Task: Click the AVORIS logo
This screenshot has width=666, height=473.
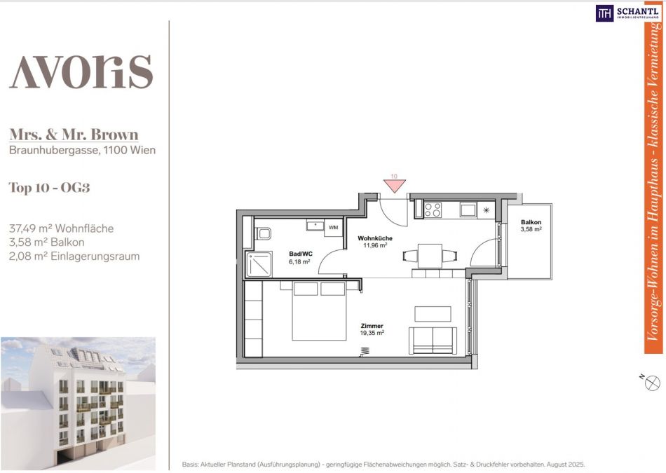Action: [81, 71]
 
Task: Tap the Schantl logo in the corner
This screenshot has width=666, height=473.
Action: [627, 13]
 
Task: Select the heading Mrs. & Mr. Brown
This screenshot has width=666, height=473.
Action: [74, 135]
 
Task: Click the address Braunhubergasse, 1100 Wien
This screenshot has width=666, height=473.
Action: [83, 150]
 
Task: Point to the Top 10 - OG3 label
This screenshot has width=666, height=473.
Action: [49, 187]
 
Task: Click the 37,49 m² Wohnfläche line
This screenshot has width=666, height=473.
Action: [61, 228]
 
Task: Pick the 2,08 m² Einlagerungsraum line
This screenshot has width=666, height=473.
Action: [74, 256]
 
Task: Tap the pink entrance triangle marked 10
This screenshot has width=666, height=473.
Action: [395, 185]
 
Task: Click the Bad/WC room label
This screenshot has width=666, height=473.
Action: [300, 254]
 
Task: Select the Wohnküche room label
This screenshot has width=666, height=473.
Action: [375, 238]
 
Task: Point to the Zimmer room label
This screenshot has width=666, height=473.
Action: [372, 326]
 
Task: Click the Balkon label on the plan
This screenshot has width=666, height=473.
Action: [531, 222]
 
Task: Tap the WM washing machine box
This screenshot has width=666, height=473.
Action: [334, 228]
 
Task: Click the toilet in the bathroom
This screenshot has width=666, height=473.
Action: [263, 233]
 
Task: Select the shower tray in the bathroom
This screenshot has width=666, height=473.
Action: [259, 264]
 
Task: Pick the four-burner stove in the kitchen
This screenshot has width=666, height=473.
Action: [433, 210]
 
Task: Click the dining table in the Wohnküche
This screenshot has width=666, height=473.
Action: [430, 256]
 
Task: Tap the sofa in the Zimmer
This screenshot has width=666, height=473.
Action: [433, 341]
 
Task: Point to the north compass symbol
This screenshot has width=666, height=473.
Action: [652, 383]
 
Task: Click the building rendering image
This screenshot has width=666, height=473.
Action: [78, 404]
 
